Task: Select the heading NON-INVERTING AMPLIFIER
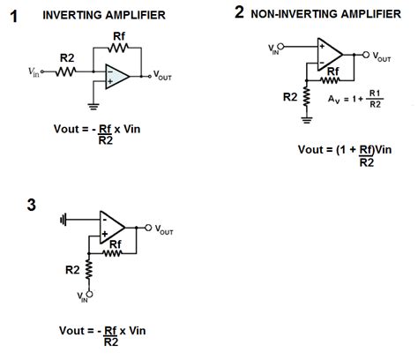tap(325, 14)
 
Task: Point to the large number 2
tap(239, 12)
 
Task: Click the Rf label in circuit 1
tap(120, 36)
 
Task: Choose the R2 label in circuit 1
tap(66, 57)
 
